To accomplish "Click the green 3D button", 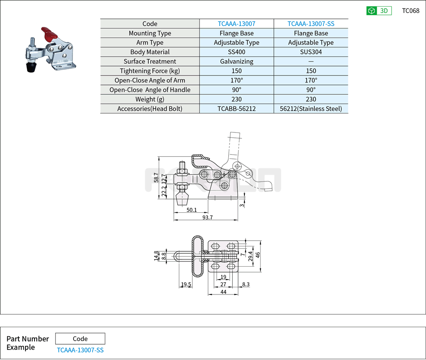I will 378,11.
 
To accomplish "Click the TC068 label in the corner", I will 410,11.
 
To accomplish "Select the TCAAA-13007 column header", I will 236,24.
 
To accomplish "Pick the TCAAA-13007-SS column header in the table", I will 311,24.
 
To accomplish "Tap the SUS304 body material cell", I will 311,52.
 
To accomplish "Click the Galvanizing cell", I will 236,61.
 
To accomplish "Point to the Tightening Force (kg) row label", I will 150,71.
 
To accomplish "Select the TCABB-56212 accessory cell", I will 236,109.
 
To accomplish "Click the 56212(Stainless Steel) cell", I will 311,109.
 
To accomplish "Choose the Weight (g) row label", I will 150,99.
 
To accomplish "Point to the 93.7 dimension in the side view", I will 207,217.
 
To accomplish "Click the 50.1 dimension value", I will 192,210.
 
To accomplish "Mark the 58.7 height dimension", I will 156,178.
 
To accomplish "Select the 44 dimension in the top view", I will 223,292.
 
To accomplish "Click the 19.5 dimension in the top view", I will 186,285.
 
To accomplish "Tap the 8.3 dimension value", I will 246,285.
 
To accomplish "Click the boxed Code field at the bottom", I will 80,339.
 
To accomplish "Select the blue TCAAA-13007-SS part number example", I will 80,350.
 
